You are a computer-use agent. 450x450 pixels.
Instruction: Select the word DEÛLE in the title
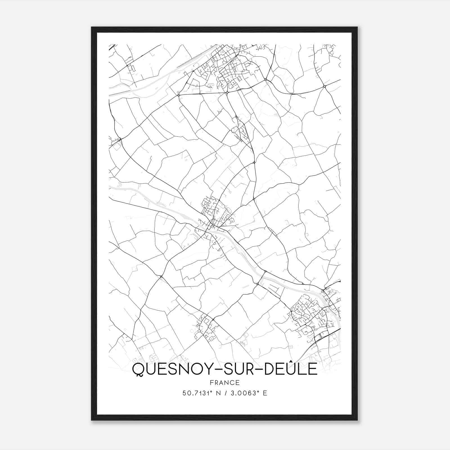click(x=290, y=369)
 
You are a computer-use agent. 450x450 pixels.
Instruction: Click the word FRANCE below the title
click(x=225, y=382)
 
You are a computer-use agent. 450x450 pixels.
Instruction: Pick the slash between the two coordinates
click(x=225, y=393)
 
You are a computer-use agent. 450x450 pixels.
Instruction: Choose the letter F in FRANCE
click(x=211, y=382)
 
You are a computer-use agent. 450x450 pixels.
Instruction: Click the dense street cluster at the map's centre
click(x=215, y=214)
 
